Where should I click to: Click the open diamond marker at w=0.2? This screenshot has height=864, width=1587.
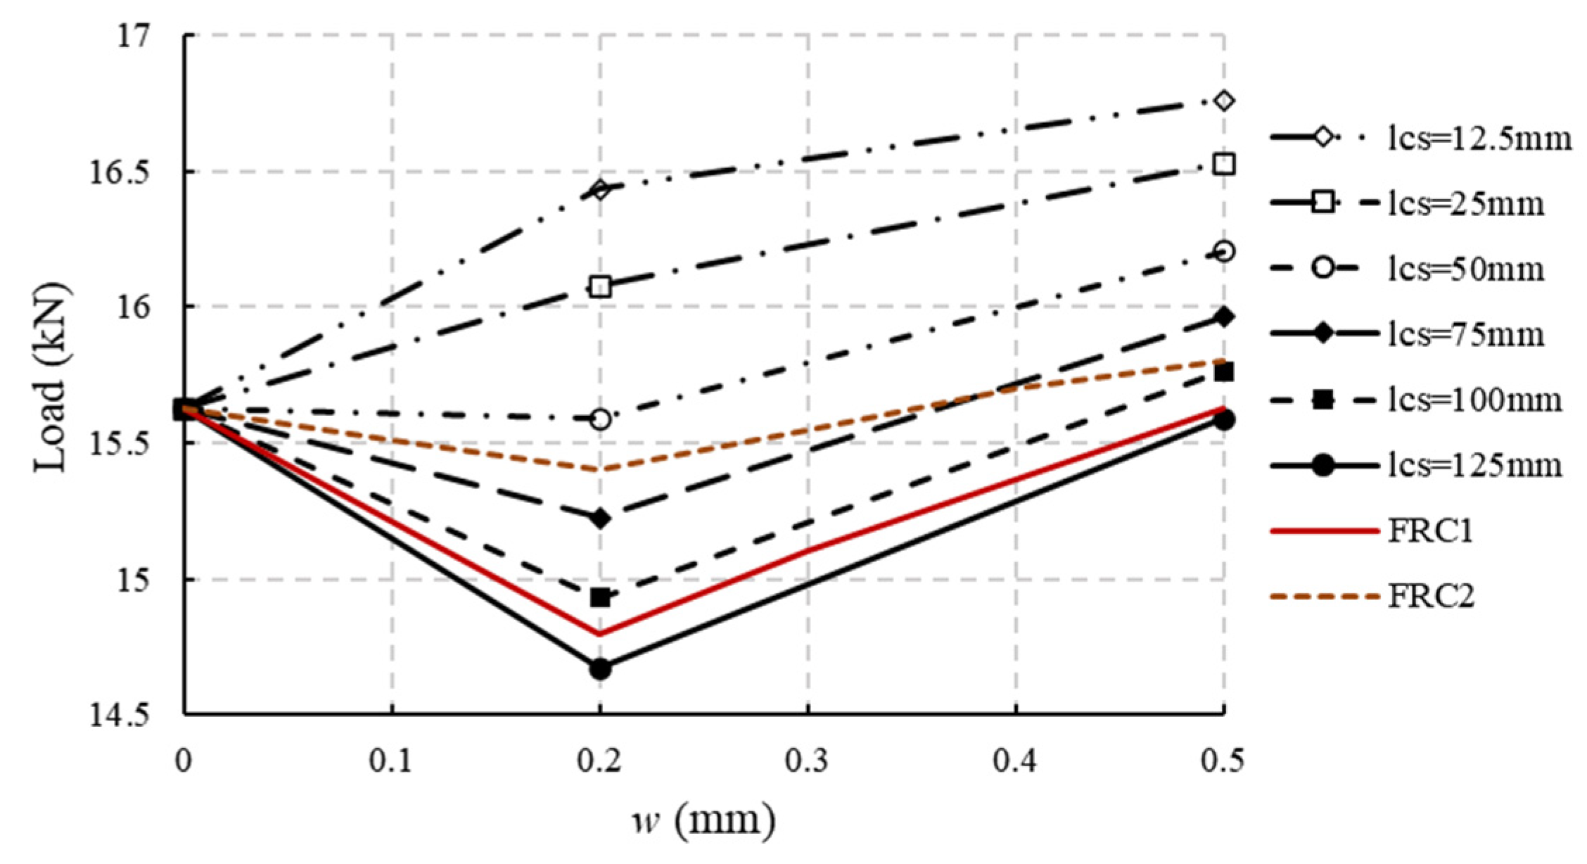pyautogui.click(x=600, y=189)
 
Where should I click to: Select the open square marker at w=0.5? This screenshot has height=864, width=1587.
pyautogui.click(x=1224, y=165)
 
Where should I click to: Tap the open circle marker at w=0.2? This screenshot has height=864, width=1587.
pyautogui.click(x=600, y=420)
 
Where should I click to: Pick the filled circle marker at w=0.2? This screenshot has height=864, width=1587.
pyautogui.click(x=600, y=669)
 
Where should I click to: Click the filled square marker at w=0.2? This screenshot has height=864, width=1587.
pyautogui.click(x=600, y=598)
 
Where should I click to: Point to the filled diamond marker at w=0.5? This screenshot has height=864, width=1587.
pyautogui.click(x=1224, y=317)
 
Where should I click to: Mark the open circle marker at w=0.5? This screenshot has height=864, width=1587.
pyautogui.click(x=1224, y=252)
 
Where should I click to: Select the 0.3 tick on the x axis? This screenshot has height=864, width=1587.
pyautogui.click(x=808, y=763)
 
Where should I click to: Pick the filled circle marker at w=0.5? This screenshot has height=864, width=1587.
pyautogui.click(x=1224, y=421)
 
